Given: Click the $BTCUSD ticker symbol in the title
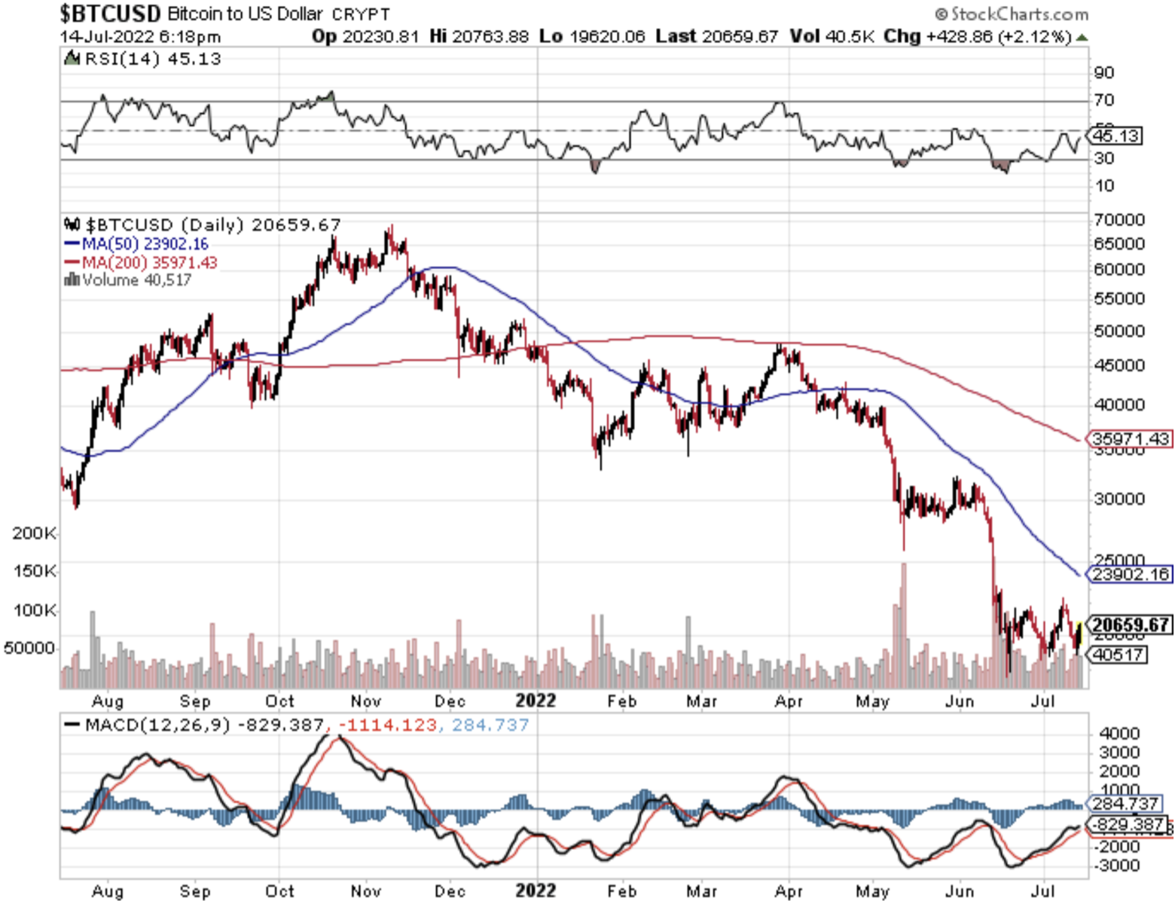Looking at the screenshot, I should [110, 14].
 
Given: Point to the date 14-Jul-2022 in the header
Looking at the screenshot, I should [106, 36].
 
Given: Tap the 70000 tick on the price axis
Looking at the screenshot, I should [1119, 219].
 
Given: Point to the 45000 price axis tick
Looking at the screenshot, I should [1119, 365].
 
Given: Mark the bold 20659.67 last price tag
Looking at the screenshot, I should [1130, 625].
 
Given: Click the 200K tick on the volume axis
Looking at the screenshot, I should [34, 533].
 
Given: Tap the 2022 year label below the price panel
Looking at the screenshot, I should [536, 701].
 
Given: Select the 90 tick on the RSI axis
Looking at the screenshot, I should [1104, 73].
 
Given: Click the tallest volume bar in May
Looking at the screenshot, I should [904, 625].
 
